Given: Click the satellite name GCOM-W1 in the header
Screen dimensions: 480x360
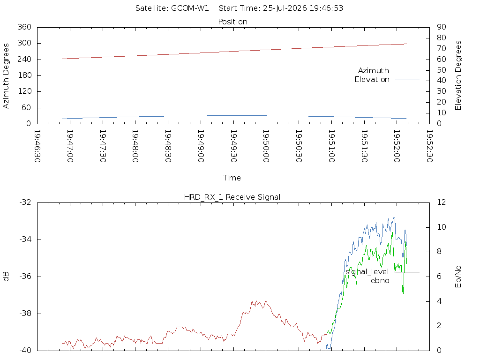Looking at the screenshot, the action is [x=190, y=8].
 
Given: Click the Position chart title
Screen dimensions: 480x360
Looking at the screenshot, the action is [x=232, y=22].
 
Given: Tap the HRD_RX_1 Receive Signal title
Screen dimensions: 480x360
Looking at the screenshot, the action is [x=232, y=197].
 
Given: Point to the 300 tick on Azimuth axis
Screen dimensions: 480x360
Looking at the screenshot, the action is [x=24, y=43].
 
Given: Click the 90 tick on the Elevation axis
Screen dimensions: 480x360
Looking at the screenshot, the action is [x=442, y=27].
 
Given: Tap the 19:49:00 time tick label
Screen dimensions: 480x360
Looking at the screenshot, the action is [x=201, y=146].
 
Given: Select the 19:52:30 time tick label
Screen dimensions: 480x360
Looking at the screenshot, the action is [x=429, y=146].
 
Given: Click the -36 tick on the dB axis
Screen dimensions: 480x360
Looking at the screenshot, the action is [x=25, y=277].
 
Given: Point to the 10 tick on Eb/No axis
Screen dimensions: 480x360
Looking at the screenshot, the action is [x=442, y=227].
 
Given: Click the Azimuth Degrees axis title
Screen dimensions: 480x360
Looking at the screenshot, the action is [x=6, y=75].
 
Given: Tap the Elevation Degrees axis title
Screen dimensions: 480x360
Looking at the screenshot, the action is [x=458, y=75].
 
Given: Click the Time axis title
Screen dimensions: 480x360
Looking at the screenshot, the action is [x=232, y=178].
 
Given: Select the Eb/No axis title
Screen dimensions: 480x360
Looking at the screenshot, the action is [x=458, y=277].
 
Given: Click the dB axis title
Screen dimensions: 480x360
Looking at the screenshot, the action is [x=6, y=277].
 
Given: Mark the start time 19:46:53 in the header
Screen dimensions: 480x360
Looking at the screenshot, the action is [x=326, y=8].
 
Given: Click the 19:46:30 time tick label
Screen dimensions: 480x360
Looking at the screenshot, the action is [x=37, y=146].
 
